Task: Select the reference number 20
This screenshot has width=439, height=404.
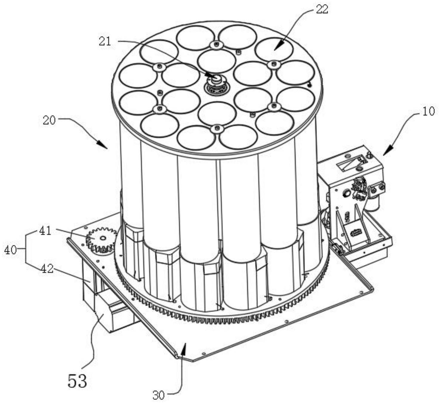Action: tap(49, 120)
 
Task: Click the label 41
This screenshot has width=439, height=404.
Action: tap(45, 230)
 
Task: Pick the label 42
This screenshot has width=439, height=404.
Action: tap(47, 269)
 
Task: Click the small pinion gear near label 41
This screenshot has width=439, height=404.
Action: tap(101, 239)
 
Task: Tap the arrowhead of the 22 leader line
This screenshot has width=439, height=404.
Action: tap(277, 47)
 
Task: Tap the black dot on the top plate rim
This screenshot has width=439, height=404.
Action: tap(309, 85)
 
